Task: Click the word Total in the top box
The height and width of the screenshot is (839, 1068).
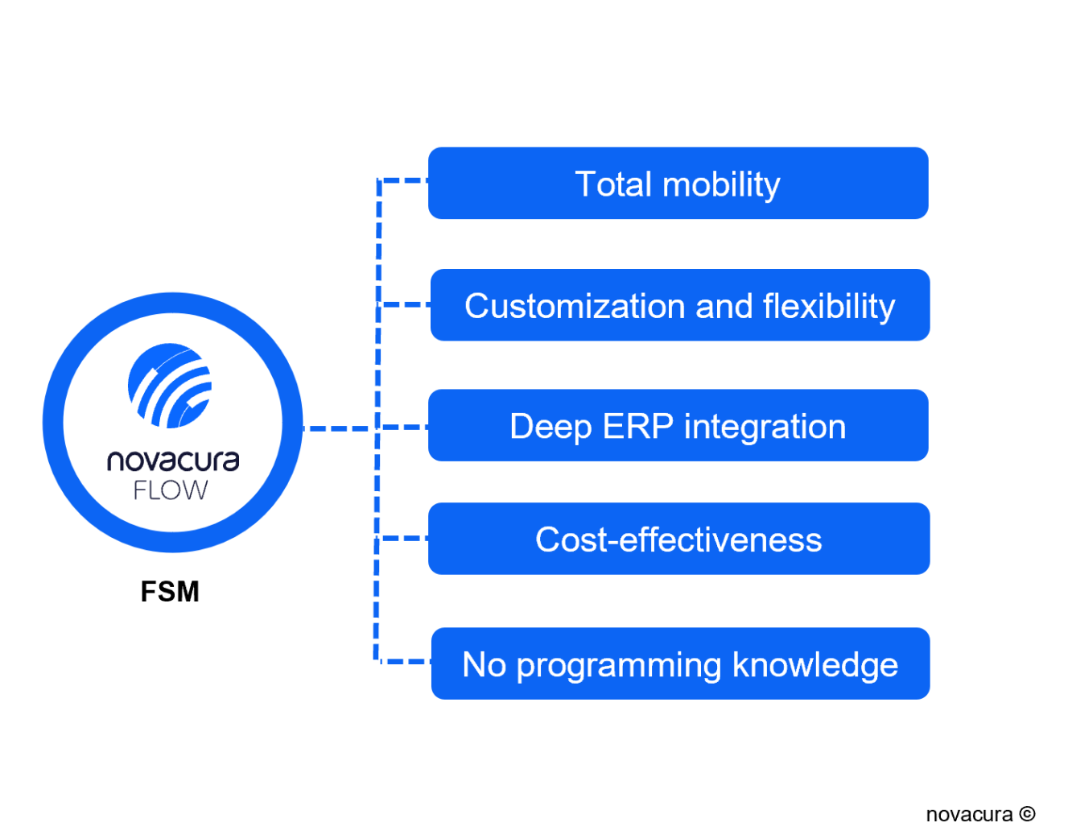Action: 612,184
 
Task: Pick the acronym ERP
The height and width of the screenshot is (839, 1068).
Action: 637,427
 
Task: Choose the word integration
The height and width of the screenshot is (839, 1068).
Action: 765,428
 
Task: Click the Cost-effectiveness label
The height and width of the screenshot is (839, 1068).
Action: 678,539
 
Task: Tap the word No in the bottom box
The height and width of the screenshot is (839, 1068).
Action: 485,665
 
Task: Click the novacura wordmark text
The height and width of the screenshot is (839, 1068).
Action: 173,461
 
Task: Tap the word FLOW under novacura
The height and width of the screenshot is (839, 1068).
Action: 171,490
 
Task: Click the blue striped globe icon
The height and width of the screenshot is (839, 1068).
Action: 170,386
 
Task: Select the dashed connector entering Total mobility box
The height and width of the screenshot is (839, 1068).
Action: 403,180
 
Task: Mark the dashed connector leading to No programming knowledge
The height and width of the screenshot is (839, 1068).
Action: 403,662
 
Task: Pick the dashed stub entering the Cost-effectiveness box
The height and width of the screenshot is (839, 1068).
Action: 403,538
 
